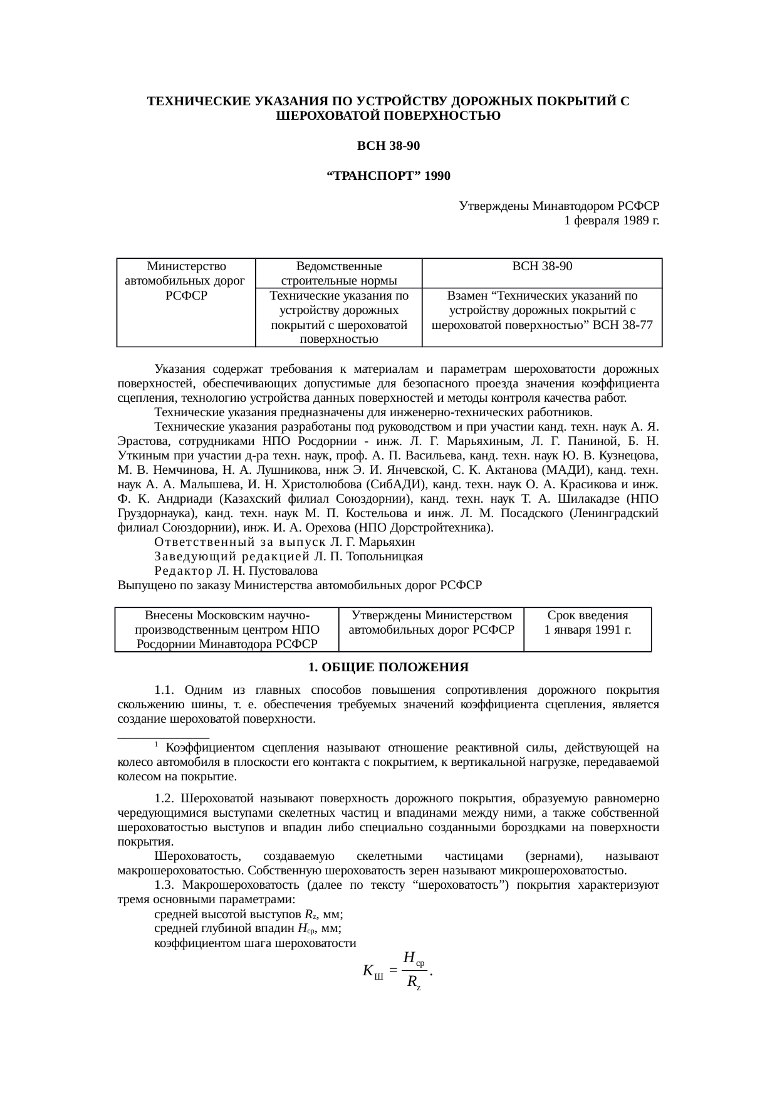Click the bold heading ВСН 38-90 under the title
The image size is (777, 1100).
point(388,146)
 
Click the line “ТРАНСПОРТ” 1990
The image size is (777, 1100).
point(388,176)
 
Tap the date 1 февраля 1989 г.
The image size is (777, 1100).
point(611,221)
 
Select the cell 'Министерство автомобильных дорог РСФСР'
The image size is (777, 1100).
point(185,281)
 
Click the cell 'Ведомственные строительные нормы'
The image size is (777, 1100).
point(338,274)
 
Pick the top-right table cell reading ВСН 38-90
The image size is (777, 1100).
point(542,266)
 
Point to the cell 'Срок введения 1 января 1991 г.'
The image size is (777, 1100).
point(587,623)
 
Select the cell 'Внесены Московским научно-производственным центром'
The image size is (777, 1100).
point(227,630)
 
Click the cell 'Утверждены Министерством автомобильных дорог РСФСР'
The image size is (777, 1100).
point(431,623)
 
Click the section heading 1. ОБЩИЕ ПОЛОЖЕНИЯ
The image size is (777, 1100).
point(388,667)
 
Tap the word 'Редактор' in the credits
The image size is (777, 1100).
point(184,571)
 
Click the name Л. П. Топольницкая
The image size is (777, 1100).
point(368,557)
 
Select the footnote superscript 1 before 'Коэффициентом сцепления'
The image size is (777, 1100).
point(156,745)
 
